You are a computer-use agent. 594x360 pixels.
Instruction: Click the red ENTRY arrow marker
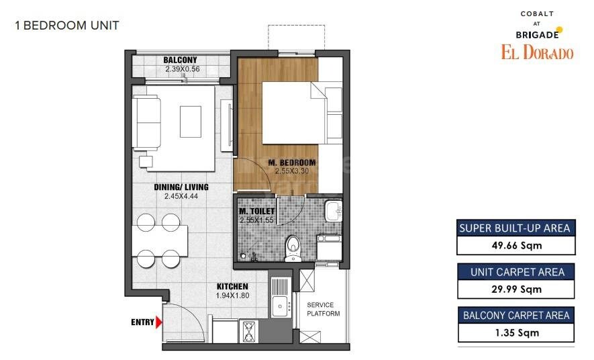158,322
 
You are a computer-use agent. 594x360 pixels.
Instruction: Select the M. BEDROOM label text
291,163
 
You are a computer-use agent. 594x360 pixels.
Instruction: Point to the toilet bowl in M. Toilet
293,247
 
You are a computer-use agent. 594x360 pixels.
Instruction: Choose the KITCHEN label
232,287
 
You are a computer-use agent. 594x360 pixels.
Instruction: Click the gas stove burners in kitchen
249,332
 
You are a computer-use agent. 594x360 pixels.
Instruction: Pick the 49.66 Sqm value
515,245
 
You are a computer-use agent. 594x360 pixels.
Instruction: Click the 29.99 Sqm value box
515,289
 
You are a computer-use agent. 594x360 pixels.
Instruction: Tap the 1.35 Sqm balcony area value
515,332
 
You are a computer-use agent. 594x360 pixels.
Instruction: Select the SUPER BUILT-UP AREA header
515,228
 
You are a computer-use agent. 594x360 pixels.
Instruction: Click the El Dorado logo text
537,52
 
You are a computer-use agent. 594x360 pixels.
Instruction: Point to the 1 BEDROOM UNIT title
66,26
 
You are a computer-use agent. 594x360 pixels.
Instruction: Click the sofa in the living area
146,122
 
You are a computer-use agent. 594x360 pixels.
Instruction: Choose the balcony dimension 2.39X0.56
181,69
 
